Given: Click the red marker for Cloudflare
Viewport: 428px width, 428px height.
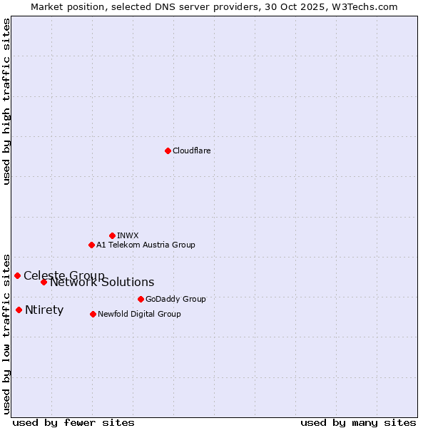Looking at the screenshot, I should click(x=168, y=151).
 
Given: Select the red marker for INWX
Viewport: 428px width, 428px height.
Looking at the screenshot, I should click(x=112, y=235).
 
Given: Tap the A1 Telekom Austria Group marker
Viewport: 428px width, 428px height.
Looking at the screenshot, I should click(x=91, y=245).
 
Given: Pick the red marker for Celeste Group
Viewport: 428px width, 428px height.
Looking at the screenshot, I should click(x=17, y=275).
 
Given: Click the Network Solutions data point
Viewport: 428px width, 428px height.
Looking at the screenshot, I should click(x=44, y=282).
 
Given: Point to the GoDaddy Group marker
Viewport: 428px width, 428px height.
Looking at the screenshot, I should click(x=141, y=299).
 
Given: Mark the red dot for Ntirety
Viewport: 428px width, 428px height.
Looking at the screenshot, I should click(x=19, y=310).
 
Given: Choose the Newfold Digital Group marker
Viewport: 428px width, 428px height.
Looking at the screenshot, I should click(x=93, y=314).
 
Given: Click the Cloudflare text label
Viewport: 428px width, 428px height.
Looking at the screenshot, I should click(x=191, y=151).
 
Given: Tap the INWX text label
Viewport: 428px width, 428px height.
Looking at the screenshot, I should click(x=128, y=235).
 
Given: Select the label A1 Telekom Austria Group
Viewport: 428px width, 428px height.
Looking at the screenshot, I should click(x=146, y=245).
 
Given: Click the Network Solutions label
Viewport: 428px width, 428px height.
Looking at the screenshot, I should click(x=102, y=282).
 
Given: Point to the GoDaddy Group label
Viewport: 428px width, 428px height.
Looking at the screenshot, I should click(x=175, y=299).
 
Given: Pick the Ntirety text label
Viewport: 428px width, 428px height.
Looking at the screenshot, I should click(x=44, y=310).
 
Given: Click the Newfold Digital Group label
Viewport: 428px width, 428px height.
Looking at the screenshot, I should click(x=139, y=314).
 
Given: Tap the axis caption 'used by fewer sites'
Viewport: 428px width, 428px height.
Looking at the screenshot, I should click(x=73, y=422).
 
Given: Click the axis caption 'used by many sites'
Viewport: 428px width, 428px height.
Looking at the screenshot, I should click(x=358, y=422).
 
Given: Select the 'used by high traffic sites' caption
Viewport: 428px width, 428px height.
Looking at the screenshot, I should click(x=7, y=101).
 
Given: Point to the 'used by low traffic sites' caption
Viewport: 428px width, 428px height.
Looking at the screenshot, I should click(x=7, y=333).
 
